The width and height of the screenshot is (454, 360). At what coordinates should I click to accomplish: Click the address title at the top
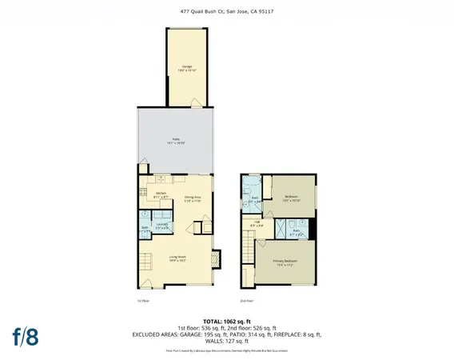click(227, 10)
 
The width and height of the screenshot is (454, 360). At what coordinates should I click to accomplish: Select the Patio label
click(176, 141)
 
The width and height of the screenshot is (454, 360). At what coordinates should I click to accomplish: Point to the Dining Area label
click(193, 199)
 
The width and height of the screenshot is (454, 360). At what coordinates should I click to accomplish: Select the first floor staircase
click(146, 262)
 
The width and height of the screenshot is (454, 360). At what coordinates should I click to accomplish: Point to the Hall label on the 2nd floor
click(257, 223)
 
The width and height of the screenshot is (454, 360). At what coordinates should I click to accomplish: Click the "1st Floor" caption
click(144, 301)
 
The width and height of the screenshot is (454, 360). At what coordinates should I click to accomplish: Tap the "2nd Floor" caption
click(248, 301)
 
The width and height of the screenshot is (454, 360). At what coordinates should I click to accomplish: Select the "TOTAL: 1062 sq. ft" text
click(227, 319)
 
